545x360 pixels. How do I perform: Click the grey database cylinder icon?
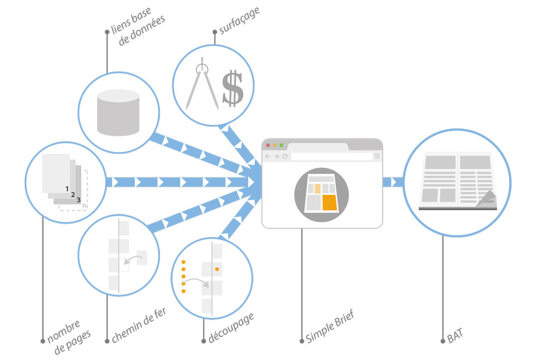[x=119, y=112]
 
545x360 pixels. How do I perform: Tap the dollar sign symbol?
[x=232, y=88]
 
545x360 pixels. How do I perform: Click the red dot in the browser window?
[x=268, y=145]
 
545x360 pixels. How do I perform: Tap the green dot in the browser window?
[x=281, y=145]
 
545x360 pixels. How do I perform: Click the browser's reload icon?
[x=285, y=156]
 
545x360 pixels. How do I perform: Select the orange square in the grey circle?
[x=329, y=202]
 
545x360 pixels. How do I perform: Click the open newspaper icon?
[x=458, y=181]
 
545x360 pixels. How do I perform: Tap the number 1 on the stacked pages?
[x=67, y=188]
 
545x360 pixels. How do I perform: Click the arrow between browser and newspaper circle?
[x=393, y=182]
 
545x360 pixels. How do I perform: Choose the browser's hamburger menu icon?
[x=376, y=156]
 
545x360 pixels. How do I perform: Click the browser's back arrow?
[x=268, y=156]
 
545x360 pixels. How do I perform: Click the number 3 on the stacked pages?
[x=78, y=199]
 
